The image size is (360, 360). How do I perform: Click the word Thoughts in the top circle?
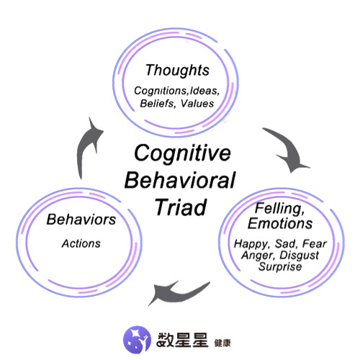(x=177, y=71)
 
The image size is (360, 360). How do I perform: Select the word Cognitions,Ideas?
(x=176, y=91)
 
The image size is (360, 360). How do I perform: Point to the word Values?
(x=197, y=104)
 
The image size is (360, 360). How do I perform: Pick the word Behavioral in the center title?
(x=180, y=180)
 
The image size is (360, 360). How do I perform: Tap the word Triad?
(x=181, y=207)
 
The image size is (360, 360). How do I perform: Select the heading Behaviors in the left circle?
(x=81, y=220)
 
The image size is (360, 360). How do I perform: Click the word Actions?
(x=81, y=243)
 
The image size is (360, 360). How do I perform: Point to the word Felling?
(x=280, y=209)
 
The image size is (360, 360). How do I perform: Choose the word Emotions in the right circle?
(x=280, y=223)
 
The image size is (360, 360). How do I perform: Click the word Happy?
(x=252, y=244)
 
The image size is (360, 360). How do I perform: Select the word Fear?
(x=315, y=244)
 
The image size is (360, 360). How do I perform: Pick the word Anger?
(x=258, y=256)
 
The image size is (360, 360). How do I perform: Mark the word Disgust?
(x=300, y=256)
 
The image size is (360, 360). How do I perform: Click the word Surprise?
(x=280, y=267)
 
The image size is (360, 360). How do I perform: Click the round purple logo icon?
(x=137, y=339)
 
